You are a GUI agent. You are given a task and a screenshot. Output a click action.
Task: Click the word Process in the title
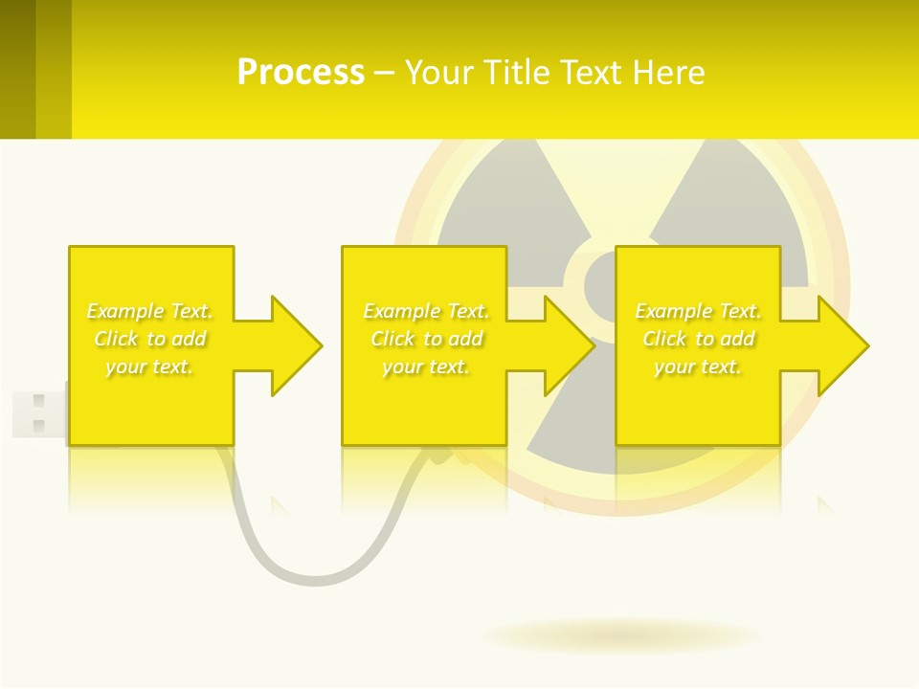(301, 73)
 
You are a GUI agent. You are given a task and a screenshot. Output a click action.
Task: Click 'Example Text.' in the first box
(149, 311)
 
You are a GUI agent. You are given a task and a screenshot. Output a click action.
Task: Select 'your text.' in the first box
(149, 367)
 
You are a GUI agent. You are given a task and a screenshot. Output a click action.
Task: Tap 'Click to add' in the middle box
(426, 339)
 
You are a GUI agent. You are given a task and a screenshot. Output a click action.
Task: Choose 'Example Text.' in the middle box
(426, 311)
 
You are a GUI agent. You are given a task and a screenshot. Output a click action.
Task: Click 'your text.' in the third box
(698, 367)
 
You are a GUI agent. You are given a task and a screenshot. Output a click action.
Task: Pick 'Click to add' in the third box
(698, 339)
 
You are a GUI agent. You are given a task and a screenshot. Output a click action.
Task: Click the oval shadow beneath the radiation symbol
(620, 635)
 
